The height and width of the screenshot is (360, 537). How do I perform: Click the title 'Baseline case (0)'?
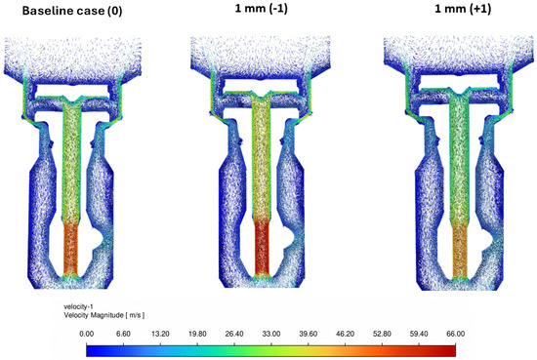72,11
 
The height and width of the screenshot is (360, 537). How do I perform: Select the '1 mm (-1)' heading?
262,8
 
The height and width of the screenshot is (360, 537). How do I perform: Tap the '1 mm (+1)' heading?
463,9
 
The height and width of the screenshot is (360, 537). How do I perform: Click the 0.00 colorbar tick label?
86,334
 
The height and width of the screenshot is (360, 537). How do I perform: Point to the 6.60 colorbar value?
123,334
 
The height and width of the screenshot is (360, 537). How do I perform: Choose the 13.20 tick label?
160,334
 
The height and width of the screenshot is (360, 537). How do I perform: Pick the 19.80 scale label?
197,334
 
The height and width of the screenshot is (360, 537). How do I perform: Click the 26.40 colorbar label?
234,334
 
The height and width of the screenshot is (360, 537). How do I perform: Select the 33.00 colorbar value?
271,334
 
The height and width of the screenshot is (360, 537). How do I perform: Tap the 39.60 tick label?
309,334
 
